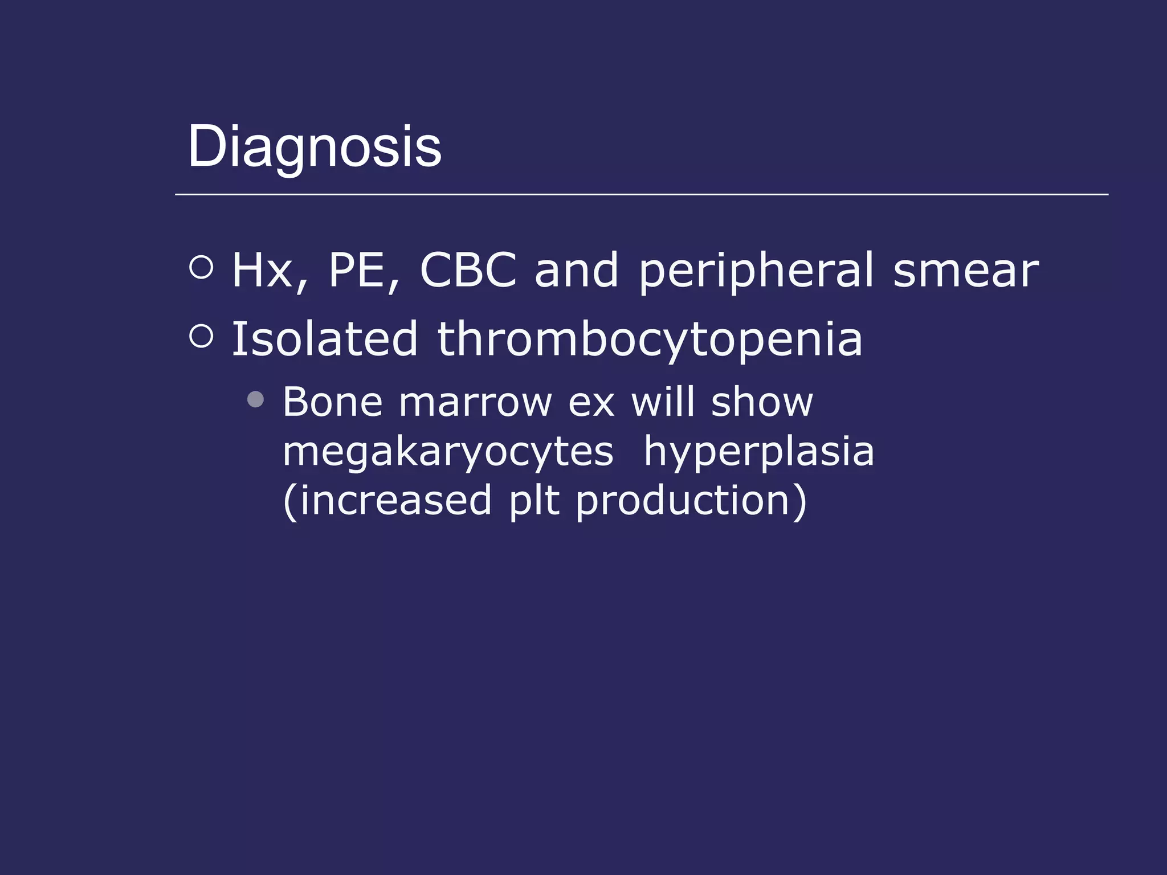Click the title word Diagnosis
(x=315, y=147)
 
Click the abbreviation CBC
(x=468, y=271)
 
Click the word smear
(x=966, y=271)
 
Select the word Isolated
(x=325, y=340)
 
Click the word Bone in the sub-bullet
(x=333, y=402)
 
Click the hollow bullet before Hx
(x=201, y=267)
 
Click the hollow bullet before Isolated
(x=201, y=336)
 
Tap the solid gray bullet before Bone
(x=256, y=399)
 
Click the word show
(x=762, y=402)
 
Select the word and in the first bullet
(x=576, y=271)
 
